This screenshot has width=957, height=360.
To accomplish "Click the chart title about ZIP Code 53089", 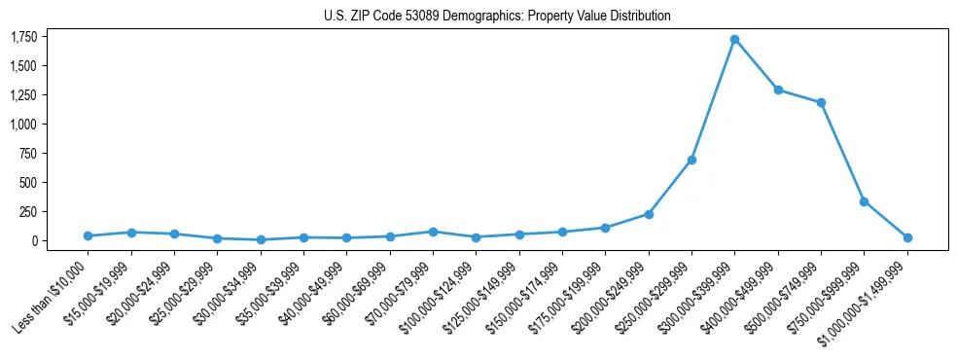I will [497, 17].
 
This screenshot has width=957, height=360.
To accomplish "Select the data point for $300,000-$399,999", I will [734, 40].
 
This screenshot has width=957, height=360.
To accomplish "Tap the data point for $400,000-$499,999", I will [778, 90].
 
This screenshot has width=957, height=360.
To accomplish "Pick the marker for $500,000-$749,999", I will [821, 102].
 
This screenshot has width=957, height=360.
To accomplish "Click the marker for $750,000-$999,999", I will [864, 201].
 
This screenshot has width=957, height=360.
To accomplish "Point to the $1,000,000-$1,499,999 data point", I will [907, 237].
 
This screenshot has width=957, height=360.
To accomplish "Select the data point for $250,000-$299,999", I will [691, 160].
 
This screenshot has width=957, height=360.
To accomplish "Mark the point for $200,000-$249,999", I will [649, 214].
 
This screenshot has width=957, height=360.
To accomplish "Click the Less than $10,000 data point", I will [88, 235].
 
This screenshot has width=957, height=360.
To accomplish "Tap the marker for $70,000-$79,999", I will [433, 232].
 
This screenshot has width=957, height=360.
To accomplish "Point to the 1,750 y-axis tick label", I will [24, 37].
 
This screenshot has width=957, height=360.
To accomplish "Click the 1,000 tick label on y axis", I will [24, 125].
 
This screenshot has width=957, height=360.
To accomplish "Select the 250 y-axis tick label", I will [29, 211].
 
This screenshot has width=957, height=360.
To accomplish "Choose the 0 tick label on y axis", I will [34, 240].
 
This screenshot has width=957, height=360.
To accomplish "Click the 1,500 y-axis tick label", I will [24, 66].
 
